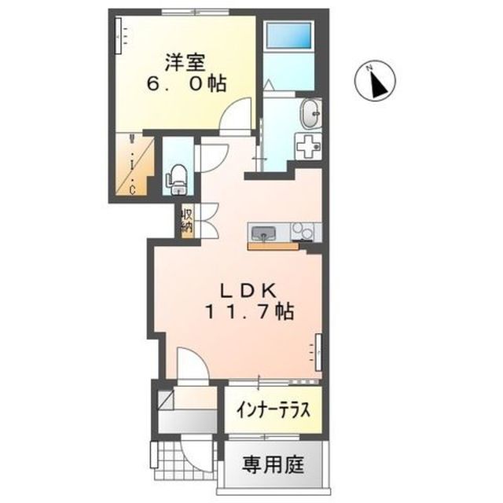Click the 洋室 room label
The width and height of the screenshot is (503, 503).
pyautogui.click(x=185, y=63)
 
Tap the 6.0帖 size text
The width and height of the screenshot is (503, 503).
pyautogui.click(x=186, y=84)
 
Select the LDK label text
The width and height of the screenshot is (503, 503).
pyautogui.click(x=248, y=292)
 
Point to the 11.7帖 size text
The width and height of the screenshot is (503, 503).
pyautogui.click(x=249, y=312)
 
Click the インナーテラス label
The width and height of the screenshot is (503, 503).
pyautogui.click(x=274, y=410)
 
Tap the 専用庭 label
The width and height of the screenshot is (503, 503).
pyautogui.click(x=273, y=464)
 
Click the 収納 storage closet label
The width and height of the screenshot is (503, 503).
pyautogui.click(x=187, y=221)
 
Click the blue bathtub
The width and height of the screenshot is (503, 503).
pyautogui.click(x=290, y=35)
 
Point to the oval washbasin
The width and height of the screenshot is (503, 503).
pyautogui.click(x=310, y=113)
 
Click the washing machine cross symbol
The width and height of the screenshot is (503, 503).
pyautogui.click(x=308, y=146)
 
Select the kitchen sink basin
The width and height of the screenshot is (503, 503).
pyautogui.click(x=263, y=233)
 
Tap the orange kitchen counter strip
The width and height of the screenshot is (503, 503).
pyautogui.click(x=273, y=246)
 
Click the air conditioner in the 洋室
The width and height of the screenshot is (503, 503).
pyautogui.click(x=119, y=35)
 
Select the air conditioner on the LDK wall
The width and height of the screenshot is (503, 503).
pyautogui.click(x=318, y=352)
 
